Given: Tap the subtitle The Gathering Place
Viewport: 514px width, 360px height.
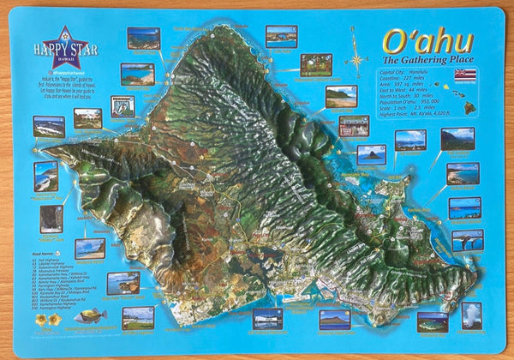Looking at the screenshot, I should pyautogui.click(x=426, y=60).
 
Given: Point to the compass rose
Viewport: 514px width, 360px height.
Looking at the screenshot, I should pyautogui.click(x=356, y=61).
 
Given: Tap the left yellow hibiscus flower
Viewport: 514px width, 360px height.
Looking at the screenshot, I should pyautogui.click(x=41, y=320).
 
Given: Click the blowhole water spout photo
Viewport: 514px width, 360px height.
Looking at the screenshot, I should pyautogui.click(x=471, y=315).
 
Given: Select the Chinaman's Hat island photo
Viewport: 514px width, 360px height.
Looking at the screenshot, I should pyautogui.click(x=371, y=154).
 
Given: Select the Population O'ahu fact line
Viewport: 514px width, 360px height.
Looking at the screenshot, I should pyautogui.click(x=409, y=102).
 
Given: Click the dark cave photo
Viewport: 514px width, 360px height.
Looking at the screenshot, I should pyautogui.click(x=51, y=218).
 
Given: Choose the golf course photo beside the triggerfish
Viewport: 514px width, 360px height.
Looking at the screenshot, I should pyautogui.click(x=138, y=317).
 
